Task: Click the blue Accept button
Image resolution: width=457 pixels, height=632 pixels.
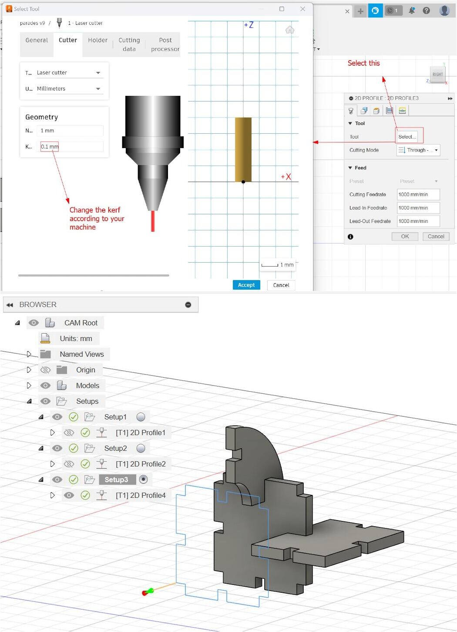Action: coord(246,285)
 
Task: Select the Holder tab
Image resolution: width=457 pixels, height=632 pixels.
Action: coord(97,40)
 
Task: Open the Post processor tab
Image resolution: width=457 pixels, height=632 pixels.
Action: coord(165,44)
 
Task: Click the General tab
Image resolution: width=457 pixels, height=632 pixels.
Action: coord(37,40)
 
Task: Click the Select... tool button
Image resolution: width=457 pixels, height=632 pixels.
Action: coord(407,137)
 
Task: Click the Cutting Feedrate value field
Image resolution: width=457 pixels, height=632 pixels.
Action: coord(418,195)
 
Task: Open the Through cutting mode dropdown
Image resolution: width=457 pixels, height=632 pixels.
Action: coord(418,150)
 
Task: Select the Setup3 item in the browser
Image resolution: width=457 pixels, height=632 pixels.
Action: coord(116,480)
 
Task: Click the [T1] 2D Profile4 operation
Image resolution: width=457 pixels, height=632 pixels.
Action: coord(140,495)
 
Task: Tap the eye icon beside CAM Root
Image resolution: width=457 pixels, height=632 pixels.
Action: coord(34,323)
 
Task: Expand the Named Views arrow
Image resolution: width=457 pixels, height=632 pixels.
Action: coord(29,354)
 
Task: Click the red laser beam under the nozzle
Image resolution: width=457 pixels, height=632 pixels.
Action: coord(153,221)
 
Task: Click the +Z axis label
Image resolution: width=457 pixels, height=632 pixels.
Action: coord(249,25)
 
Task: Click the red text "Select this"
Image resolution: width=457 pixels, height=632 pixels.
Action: coord(363,63)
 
